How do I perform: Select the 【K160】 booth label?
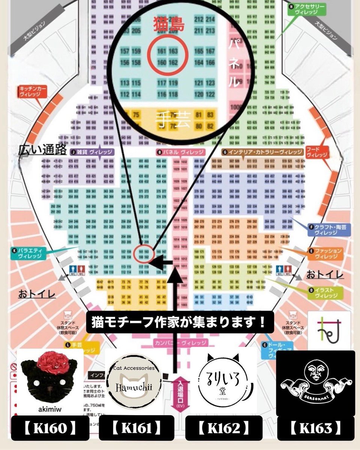tap(50, 427)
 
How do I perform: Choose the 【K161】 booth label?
tap(136, 427)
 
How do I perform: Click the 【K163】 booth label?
tap(316, 427)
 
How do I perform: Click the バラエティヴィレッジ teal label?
tap(30, 253)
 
